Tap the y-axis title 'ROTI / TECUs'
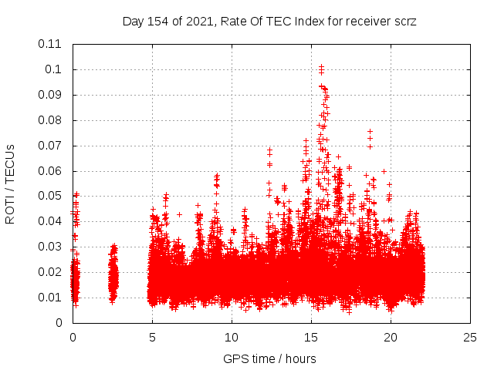click(x=10, y=183)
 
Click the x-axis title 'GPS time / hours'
click(x=269, y=358)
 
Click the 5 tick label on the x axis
click(x=152, y=337)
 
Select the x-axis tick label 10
click(x=232, y=337)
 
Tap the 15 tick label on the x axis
click(x=311, y=337)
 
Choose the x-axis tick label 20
click(x=391, y=337)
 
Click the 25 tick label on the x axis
click(x=470, y=337)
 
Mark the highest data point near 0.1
click(x=321, y=67)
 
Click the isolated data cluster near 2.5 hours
click(x=113, y=274)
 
